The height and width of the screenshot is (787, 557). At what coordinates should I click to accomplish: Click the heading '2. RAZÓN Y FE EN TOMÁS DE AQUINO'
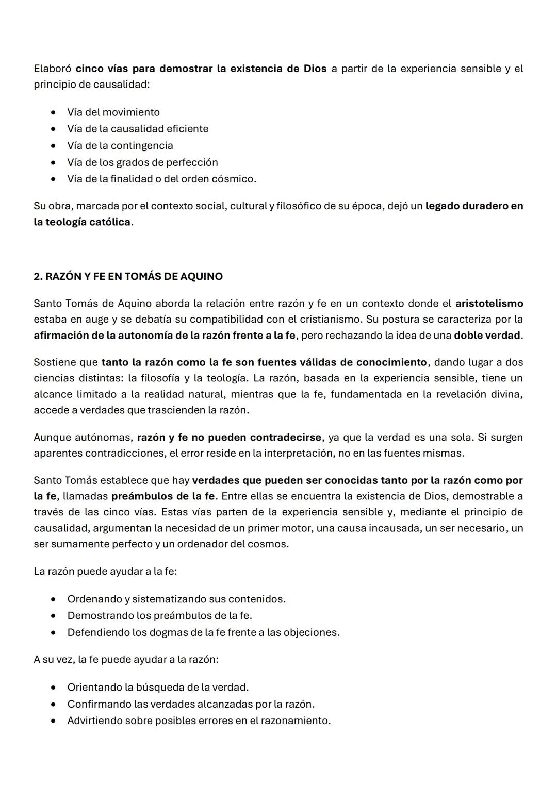[128, 276]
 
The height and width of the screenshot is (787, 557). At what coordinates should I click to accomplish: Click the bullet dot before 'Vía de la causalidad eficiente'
[53, 129]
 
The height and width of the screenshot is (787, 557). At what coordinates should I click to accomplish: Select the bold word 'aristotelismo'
[489, 304]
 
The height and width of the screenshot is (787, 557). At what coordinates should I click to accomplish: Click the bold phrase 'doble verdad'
[487, 336]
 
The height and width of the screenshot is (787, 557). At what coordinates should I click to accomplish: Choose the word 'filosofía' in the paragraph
[160, 378]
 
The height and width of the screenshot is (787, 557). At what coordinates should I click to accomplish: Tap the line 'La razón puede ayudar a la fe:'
[105, 572]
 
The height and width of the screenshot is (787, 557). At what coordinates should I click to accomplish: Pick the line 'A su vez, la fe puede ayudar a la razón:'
[126, 660]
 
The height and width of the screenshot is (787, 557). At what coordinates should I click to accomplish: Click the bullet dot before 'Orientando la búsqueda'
[53, 688]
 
